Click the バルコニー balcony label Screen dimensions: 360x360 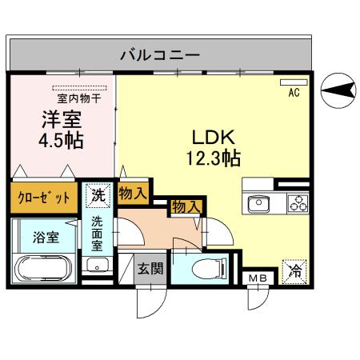point(159,55)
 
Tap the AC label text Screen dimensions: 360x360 point(294,93)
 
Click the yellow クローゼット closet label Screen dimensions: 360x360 point(44,197)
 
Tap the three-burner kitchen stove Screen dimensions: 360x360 point(298,203)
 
